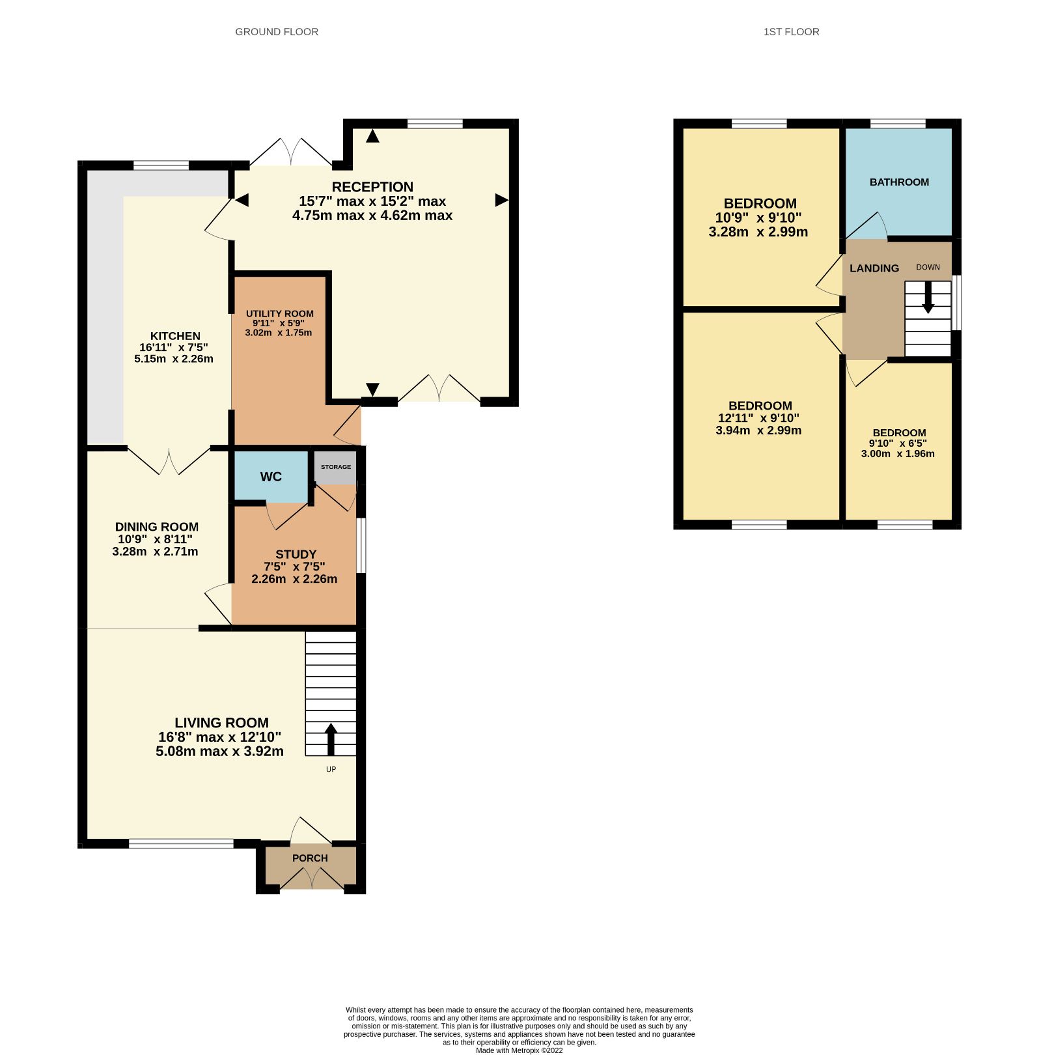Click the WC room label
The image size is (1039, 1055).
[271, 477]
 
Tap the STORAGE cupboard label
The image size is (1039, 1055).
[336, 467]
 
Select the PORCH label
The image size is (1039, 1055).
[310, 858]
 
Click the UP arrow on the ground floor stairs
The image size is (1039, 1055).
[331, 738]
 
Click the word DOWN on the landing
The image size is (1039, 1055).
[928, 267]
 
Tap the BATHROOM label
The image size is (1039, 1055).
[899, 182]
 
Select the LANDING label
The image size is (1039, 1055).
[874, 268]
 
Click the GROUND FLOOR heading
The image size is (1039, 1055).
[277, 32]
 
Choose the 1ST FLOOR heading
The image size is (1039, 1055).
[791, 32]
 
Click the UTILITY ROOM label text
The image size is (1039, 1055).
[280, 314]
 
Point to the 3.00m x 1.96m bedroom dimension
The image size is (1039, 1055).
[898, 454]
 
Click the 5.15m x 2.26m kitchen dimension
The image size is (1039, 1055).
[174, 359]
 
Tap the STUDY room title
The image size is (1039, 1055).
[296, 554]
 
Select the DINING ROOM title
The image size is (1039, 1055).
[157, 527]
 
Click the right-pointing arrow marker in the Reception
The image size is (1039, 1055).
[501, 200]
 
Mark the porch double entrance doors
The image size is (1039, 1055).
[312, 879]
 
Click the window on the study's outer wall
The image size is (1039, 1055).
[361, 546]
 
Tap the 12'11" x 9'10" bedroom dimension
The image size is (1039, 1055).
[758, 418]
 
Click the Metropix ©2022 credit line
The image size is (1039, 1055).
[519, 1050]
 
